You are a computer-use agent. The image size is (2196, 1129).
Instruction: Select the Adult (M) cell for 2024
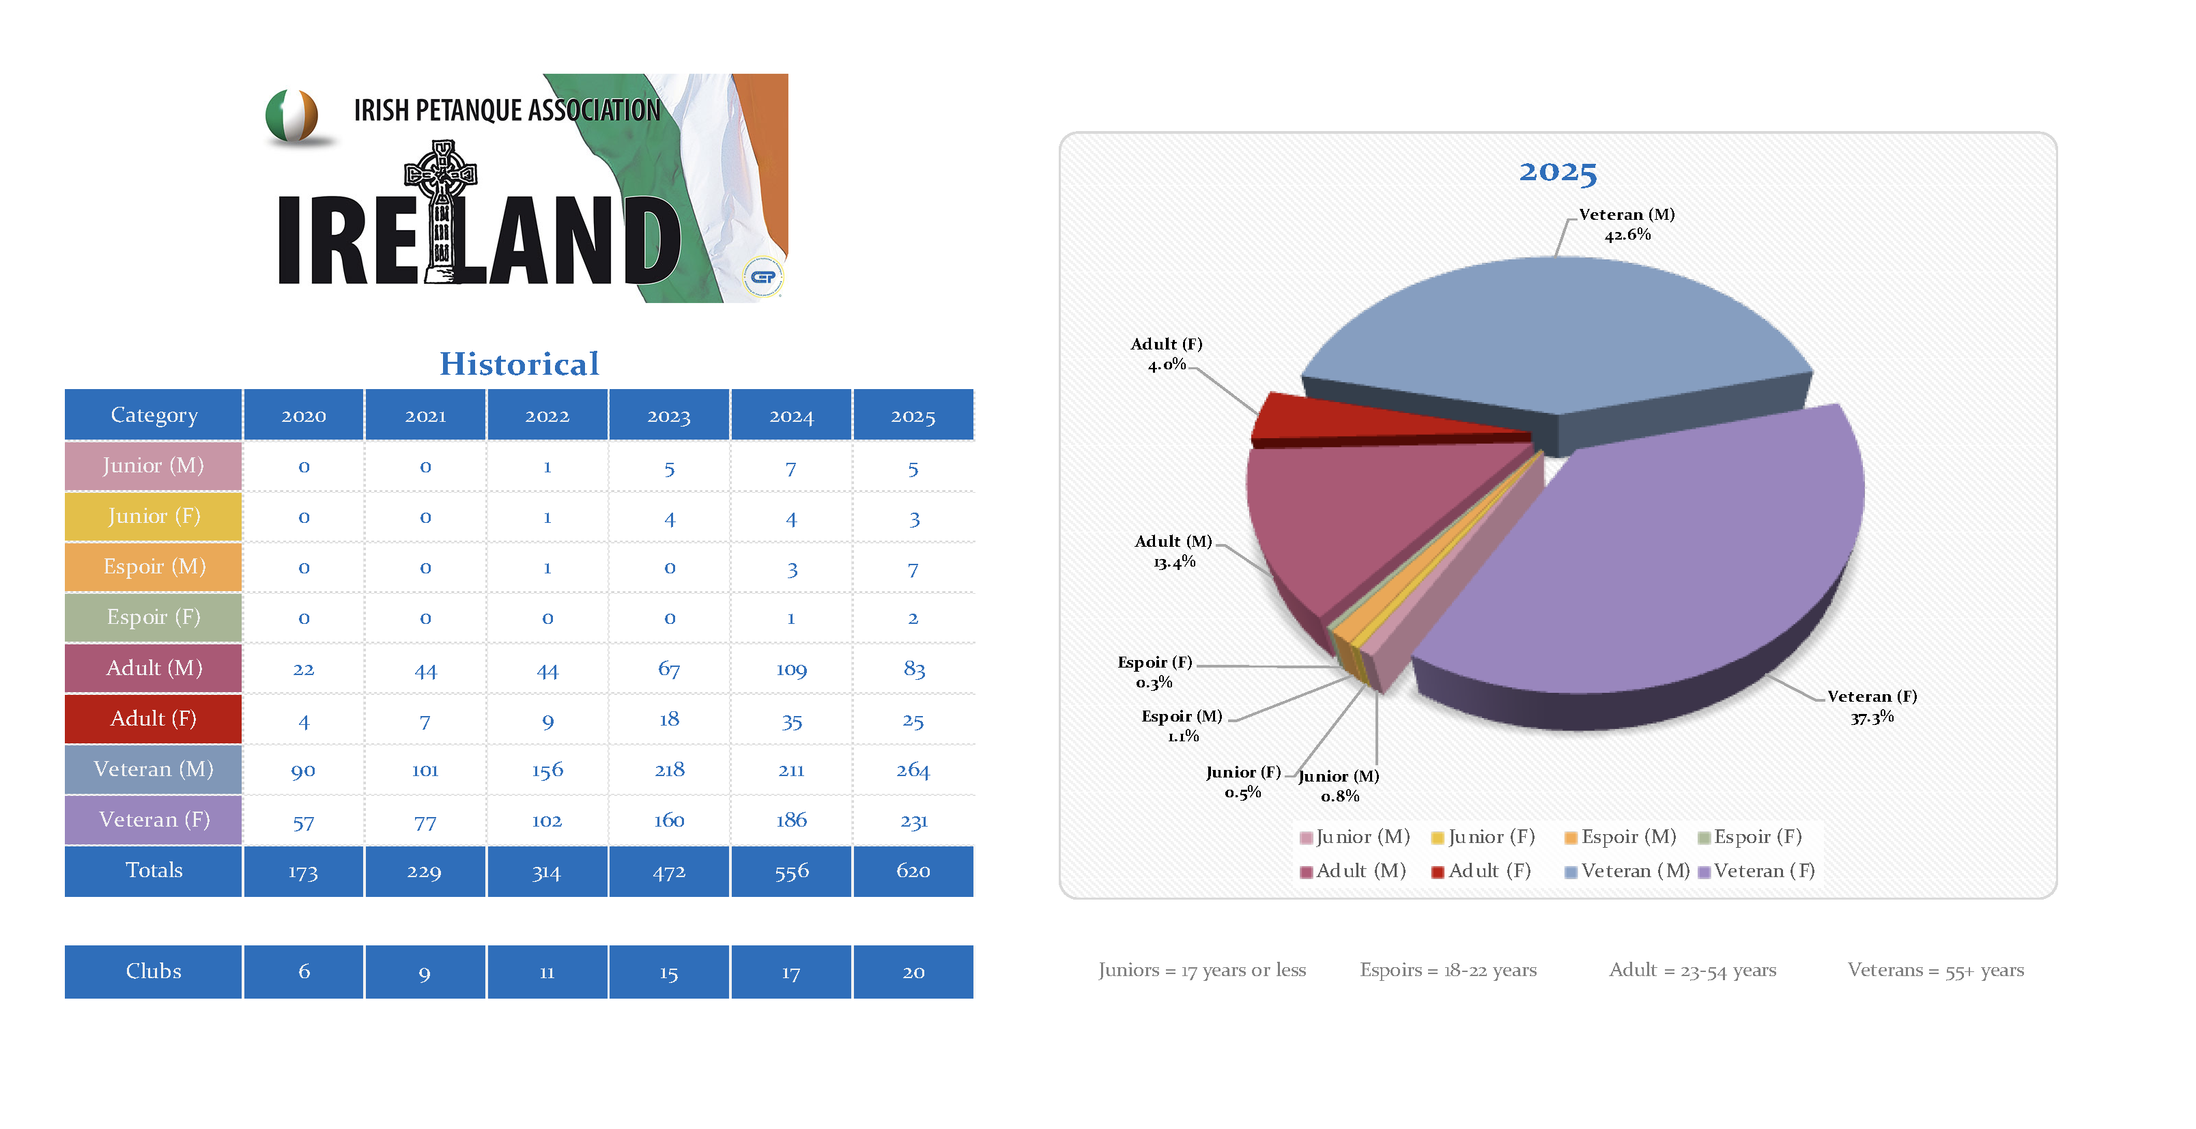[x=791, y=670]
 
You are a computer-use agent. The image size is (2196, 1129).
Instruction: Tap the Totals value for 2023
[x=668, y=872]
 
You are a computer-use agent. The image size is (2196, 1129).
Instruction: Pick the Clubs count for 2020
[x=304, y=971]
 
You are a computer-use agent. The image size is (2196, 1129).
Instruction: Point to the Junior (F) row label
[x=154, y=517]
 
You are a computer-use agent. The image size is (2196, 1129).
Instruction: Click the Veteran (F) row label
[x=154, y=820]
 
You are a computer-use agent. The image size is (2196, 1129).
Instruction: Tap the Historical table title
[x=519, y=364]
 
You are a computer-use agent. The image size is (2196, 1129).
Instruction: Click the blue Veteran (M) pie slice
[x=1552, y=332]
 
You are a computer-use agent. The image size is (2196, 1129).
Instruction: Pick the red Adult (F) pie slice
[x=1330, y=418]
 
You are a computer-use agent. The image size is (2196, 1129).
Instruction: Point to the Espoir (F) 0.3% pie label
[x=1154, y=672]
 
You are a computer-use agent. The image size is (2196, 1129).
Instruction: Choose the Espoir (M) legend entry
[x=1620, y=838]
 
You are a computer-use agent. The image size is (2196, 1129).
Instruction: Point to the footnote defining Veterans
[x=1935, y=971]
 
